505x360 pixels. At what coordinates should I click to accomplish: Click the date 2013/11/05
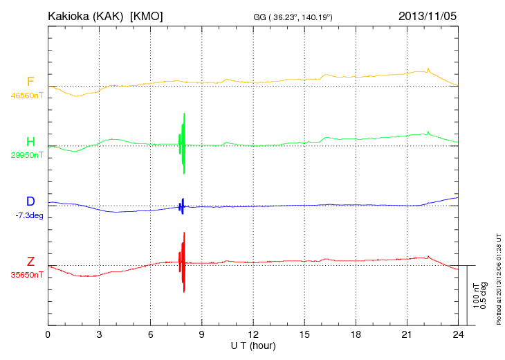428,15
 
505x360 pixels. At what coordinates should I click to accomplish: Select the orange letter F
30,82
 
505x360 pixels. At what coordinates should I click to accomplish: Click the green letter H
30,142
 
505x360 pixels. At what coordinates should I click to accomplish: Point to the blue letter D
30,201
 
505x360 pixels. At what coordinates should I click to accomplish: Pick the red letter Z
30,261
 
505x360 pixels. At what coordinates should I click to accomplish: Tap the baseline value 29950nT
26,156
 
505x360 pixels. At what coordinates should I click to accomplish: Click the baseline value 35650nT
26,275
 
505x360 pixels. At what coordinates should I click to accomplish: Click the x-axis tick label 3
99,336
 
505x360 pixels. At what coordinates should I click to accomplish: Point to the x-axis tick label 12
253,336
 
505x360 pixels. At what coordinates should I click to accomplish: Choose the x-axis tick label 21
407,336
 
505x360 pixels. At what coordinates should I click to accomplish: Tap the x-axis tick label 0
48,336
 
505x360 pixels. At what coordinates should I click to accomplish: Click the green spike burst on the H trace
183,142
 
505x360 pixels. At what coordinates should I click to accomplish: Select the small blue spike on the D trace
182,206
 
